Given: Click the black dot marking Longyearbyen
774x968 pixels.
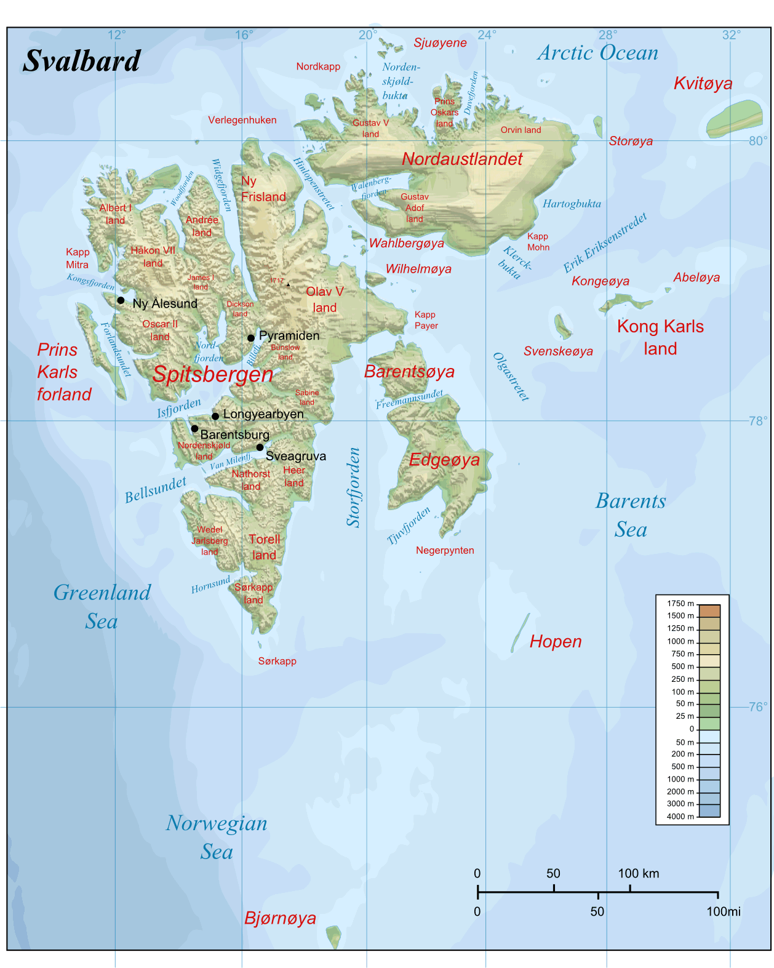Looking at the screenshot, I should tap(215, 417).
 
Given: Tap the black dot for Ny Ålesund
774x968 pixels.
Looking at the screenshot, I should tap(121, 301).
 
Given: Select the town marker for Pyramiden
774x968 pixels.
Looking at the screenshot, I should tap(251, 338).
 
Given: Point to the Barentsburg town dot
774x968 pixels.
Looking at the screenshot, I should tap(194, 429).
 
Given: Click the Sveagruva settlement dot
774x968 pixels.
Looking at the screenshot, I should tap(260, 447).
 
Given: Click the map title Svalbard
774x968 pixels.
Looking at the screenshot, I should tap(82, 61).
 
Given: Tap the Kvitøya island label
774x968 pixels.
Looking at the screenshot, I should tap(703, 84).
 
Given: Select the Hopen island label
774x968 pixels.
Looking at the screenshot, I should tap(555, 642).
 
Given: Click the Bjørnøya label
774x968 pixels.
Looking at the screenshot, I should tap(280, 918).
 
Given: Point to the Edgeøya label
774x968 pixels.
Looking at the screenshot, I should tap(444, 460).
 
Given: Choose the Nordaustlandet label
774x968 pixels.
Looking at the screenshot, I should tap(462, 159).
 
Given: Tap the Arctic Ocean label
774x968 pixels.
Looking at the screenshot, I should tap(597, 53).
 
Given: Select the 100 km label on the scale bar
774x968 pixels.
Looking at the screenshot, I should tap(638, 873).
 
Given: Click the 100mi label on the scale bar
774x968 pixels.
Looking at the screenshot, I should tap(723, 911).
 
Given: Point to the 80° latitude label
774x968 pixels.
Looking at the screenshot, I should tap(758, 141).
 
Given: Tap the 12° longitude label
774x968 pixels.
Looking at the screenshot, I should tap(116, 35).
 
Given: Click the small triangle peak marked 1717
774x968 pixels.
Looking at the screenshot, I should tap(288, 284).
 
